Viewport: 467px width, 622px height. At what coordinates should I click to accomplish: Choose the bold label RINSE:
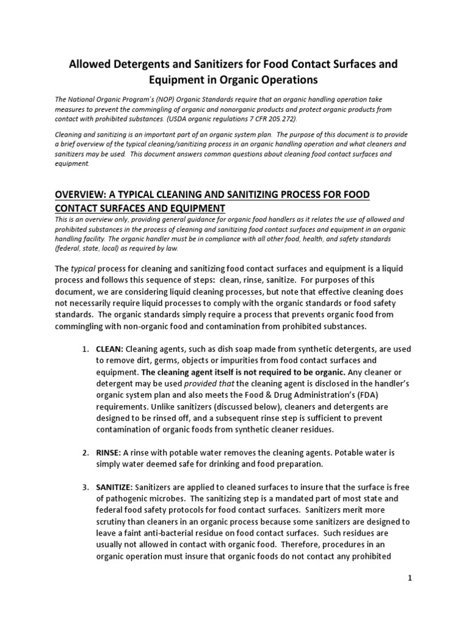coord(109,453)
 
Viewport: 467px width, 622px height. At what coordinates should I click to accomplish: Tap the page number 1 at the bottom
coord(410,578)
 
